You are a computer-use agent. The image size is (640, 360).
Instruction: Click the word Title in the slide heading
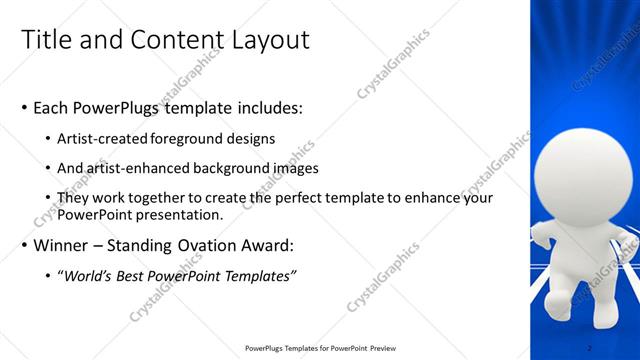click(x=45, y=41)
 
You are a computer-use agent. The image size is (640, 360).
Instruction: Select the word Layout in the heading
click(x=268, y=41)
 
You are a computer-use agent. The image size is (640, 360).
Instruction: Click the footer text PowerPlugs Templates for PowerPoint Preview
click(x=317, y=348)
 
